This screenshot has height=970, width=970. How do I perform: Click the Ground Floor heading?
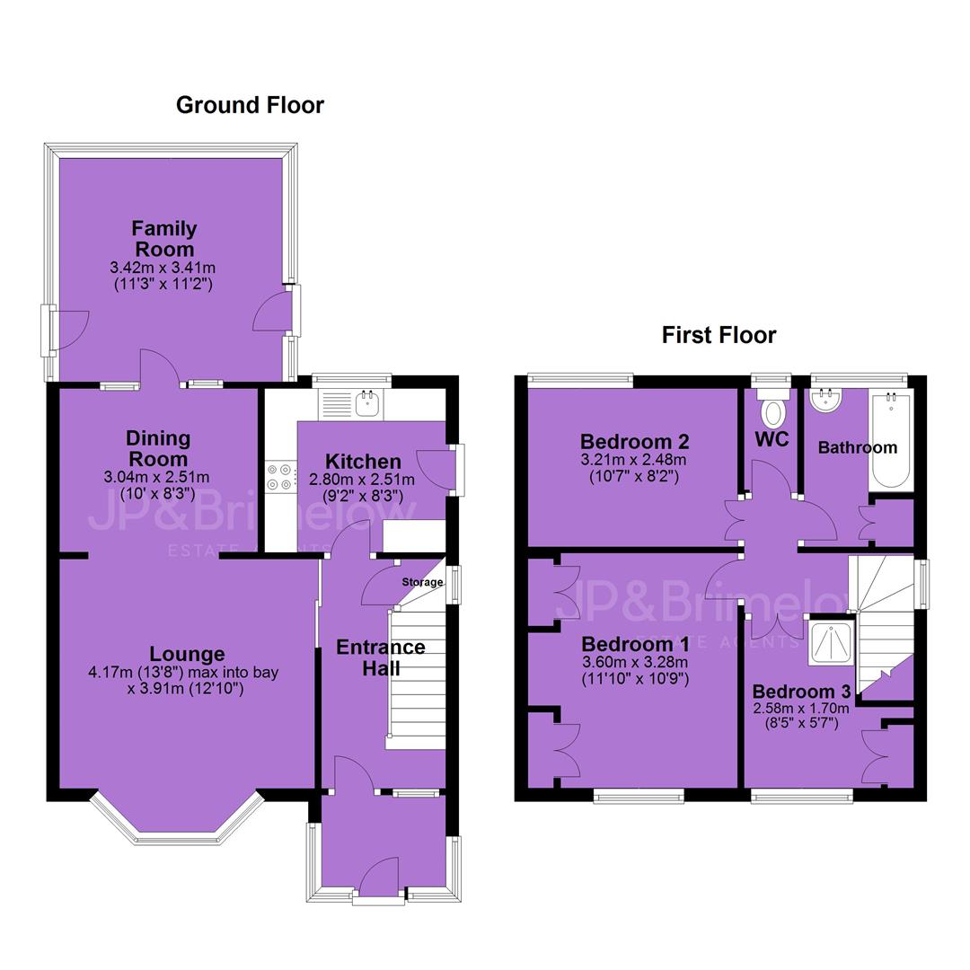coord(250,105)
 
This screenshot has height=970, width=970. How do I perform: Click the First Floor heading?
coord(719,335)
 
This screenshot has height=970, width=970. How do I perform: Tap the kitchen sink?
coord(367,402)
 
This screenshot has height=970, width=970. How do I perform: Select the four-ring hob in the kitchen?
coord(280,478)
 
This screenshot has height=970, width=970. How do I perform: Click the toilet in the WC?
coord(772,408)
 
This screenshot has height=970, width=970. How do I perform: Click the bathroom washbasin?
coord(826,401)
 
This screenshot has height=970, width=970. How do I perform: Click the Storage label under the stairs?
coord(422,582)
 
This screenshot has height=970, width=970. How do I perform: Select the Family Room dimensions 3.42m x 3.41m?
coord(163,269)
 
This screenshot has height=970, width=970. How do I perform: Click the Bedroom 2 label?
coord(635,442)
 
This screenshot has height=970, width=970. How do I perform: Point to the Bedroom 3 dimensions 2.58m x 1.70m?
coord(801,708)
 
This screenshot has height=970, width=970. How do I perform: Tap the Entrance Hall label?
coord(381,657)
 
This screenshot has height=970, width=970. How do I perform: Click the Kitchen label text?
coord(363,462)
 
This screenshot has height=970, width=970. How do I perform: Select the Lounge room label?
coord(188,654)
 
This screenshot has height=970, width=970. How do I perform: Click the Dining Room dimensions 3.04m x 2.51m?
coord(156,478)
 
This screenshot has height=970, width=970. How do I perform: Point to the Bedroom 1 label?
coord(635,644)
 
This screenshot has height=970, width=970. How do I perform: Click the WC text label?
coord(772,439)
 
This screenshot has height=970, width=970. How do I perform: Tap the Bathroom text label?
coord(858,448)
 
